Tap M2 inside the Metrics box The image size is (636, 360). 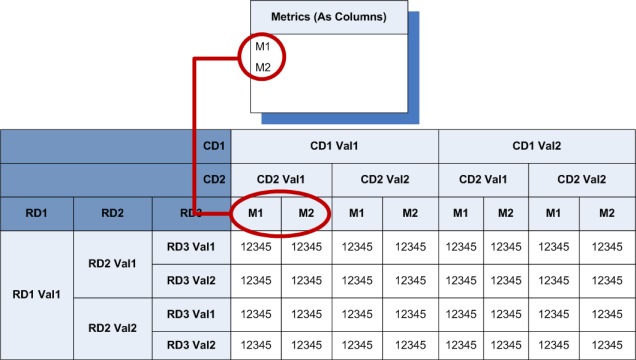tap(263, 67)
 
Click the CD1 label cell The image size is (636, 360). tap(212, 146)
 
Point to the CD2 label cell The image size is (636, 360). tap(212, 180)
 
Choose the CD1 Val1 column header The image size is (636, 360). tap(334, 146)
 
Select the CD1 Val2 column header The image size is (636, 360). tap(536, 146)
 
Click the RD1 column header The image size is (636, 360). tap(38, 213)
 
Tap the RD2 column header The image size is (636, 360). tap(113, 213)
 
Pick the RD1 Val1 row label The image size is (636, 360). tap(38, 295)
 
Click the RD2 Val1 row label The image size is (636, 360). tap(113, 263)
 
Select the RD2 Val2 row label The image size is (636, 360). tap(113, 328)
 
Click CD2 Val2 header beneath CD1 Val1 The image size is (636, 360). tap(384, 180)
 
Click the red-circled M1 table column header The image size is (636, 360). tap(256, 213)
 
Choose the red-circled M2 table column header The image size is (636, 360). tap(306, 213)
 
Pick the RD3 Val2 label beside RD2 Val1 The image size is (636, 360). tap(191, 280)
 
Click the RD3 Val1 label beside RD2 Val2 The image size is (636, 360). tap(191, 314)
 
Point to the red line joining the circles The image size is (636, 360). tap(193, 130)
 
